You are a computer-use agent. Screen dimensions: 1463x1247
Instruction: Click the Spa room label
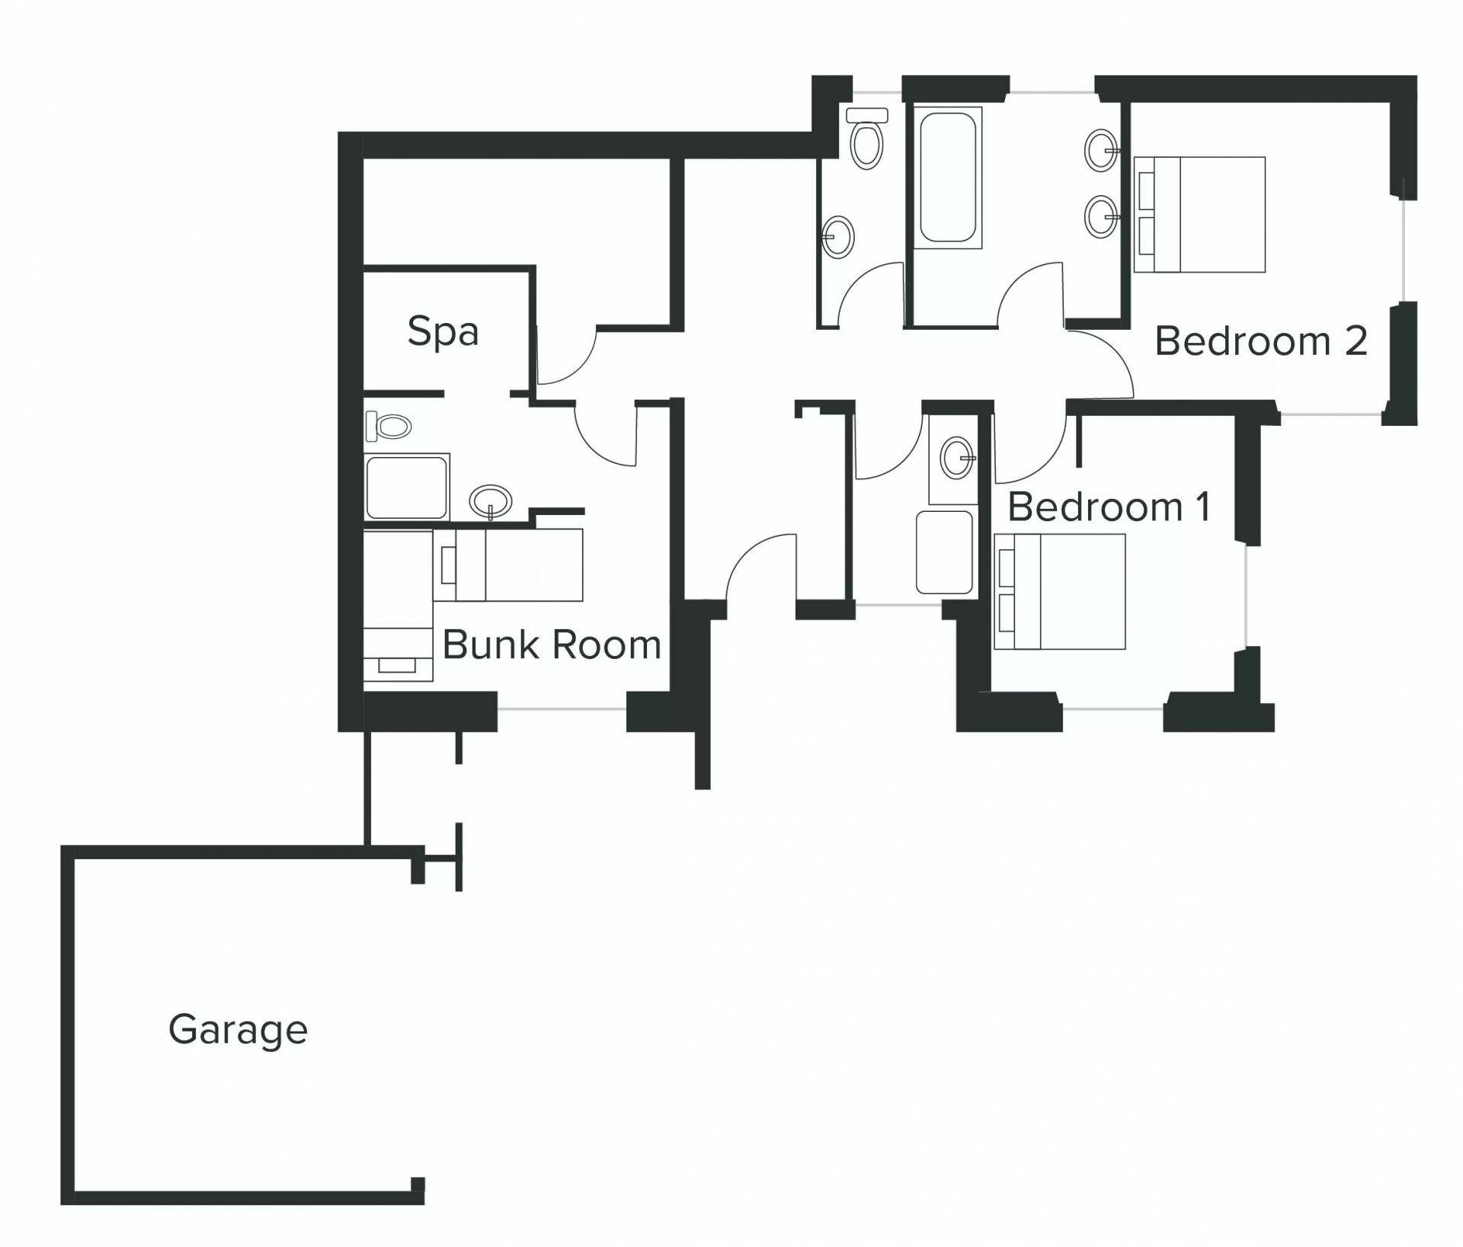[443, 332]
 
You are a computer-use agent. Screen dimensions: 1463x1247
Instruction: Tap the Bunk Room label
[552, 644]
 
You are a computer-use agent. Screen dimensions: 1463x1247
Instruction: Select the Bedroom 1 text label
[1109, 507]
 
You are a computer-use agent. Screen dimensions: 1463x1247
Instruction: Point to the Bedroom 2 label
[1261, 341]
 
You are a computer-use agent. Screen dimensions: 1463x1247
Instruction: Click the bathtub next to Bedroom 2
[947, 177]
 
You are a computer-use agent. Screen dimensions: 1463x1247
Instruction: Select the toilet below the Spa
[389, 426]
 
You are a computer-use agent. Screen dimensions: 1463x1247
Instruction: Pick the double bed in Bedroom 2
[1199, 215]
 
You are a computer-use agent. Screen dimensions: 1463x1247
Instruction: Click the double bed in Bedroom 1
[1059, 592]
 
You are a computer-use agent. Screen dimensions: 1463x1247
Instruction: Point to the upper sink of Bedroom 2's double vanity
[1101, 151]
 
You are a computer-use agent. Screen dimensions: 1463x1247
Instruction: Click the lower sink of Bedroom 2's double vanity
[1101, 216]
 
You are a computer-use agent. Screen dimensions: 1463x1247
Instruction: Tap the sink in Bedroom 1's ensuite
[957, 459]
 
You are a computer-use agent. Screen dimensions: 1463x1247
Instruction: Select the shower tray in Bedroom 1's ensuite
[944, 552]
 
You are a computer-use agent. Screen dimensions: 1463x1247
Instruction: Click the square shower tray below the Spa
[406, 488]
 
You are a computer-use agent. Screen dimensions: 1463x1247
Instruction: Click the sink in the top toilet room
[837, 238]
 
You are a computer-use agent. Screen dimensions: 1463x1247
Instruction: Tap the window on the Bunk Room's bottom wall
[562, 709]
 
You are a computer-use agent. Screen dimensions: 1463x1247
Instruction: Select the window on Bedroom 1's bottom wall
[1112, 709]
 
